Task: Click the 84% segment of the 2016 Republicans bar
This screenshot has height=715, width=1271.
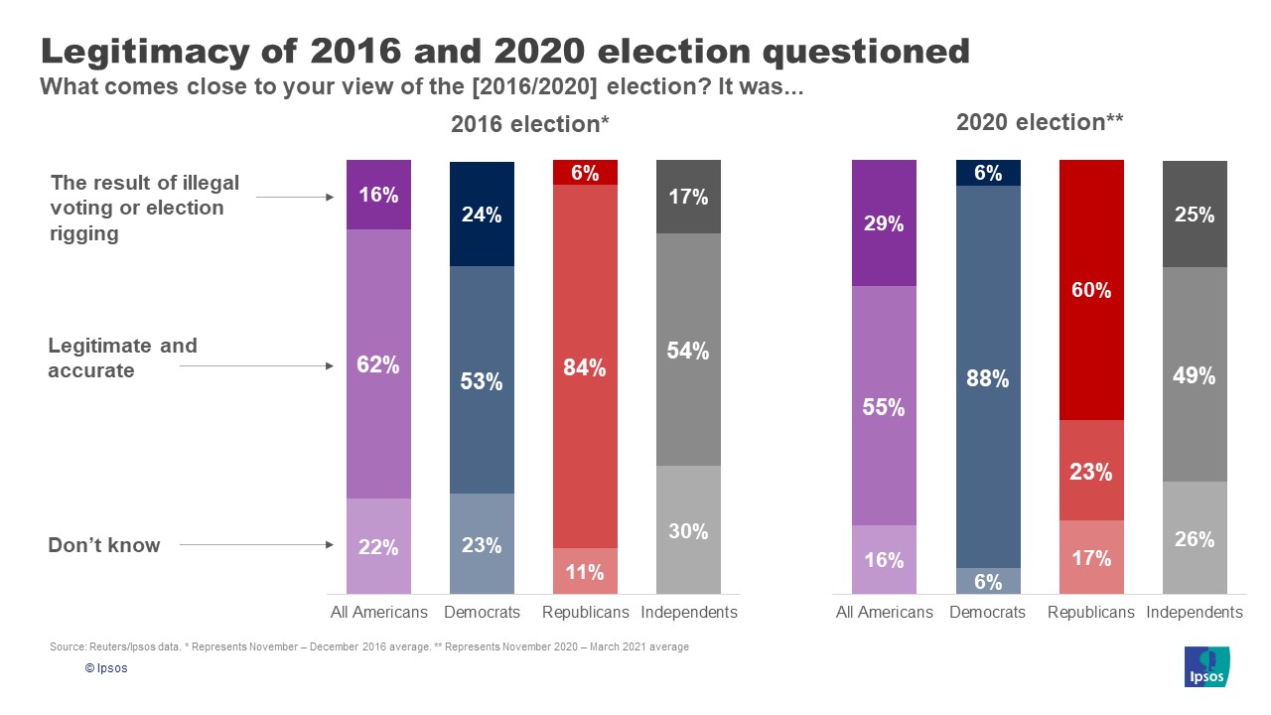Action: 585,366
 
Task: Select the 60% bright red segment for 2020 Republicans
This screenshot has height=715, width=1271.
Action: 1091,290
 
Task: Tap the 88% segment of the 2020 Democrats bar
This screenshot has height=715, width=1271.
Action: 988,377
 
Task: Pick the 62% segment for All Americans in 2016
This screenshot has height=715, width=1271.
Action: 378,364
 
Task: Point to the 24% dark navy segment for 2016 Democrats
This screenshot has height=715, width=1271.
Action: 482,214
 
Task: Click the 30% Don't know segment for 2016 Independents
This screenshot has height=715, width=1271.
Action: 688,530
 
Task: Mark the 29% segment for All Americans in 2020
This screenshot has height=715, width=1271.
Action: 884,223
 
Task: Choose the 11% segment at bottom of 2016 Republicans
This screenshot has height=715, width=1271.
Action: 585,572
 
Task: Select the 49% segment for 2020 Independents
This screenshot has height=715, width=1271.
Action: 1195,374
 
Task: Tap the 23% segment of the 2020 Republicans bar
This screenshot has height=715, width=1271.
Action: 1091,471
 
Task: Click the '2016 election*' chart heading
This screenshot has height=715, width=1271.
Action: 529,124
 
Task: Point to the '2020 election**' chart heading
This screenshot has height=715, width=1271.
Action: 1040,122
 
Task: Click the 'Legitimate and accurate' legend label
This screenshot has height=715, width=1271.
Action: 123,357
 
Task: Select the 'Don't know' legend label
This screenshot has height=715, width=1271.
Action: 104,544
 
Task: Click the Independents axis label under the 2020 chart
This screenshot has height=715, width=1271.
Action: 1195,612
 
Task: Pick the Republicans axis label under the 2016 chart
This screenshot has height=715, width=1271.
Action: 585,612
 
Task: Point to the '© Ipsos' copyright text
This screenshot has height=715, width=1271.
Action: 106,668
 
